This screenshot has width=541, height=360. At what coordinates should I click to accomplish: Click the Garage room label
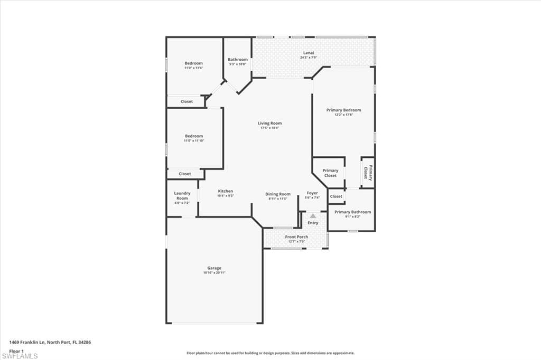pos(214,268)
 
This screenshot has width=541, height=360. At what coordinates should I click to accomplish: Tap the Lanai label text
pos(309,53)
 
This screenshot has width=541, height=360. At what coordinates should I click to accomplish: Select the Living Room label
pos(269,124)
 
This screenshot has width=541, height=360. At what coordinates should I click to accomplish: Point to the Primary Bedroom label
pos(343,110)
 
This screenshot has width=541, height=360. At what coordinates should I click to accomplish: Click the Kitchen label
pos(225,191)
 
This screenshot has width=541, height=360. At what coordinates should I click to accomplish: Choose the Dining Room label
pos(278,194)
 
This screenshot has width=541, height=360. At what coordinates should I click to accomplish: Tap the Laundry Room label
pos(182,195)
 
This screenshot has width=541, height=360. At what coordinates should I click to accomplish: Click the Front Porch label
pos(296,237)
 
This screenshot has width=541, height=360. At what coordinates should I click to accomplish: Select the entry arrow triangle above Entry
pos(313,216)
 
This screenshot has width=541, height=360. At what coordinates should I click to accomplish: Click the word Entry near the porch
pos(313,223)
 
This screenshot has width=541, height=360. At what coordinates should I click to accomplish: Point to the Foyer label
pos(313,193)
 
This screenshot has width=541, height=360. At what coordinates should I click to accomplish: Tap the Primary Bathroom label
pos(352,212)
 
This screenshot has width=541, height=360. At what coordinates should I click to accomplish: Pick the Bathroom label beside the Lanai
pos(238,60)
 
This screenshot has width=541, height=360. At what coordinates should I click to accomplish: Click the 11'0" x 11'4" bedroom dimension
pos(193,68)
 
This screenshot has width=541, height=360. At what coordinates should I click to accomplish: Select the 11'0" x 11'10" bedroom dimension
pos(193,141)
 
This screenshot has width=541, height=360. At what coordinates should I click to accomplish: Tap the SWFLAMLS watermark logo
pos(20,356)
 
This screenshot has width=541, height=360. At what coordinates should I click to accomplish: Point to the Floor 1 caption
pos(16,350)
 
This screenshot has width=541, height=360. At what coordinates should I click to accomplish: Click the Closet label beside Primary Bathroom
pos(336,196)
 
